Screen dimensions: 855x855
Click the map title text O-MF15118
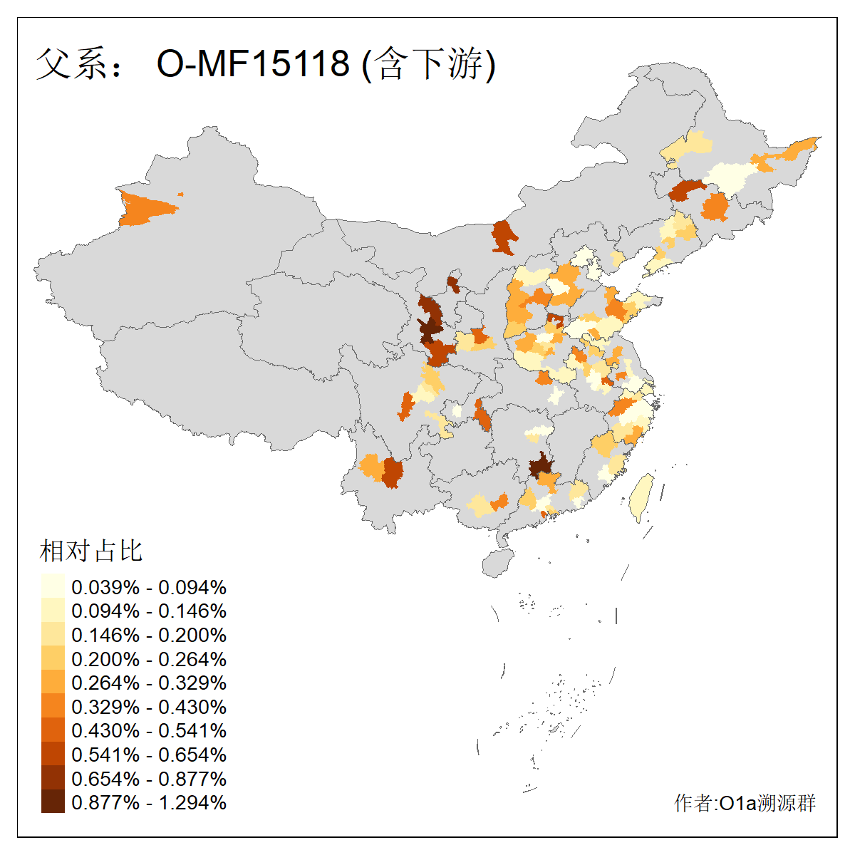point(253,63)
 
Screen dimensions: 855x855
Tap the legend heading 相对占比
point(91,551)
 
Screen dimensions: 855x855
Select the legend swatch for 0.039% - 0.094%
point(53,587)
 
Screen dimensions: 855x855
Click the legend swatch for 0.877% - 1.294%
point(53,802)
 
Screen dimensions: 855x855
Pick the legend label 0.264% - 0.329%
point(149,683)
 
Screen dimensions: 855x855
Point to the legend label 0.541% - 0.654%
point(149,755)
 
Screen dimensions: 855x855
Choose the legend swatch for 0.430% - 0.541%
point(53,730)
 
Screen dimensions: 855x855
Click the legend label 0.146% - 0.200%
point(149,635)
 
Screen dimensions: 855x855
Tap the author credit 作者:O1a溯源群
point(745,803)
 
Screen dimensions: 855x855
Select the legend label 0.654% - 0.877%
point(149,779)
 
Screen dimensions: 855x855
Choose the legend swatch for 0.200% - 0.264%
point(53,659)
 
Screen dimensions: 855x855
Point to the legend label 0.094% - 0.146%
point(149,611)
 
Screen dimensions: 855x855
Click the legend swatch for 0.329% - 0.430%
point(53,707)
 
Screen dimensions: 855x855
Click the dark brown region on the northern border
point(504,237)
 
